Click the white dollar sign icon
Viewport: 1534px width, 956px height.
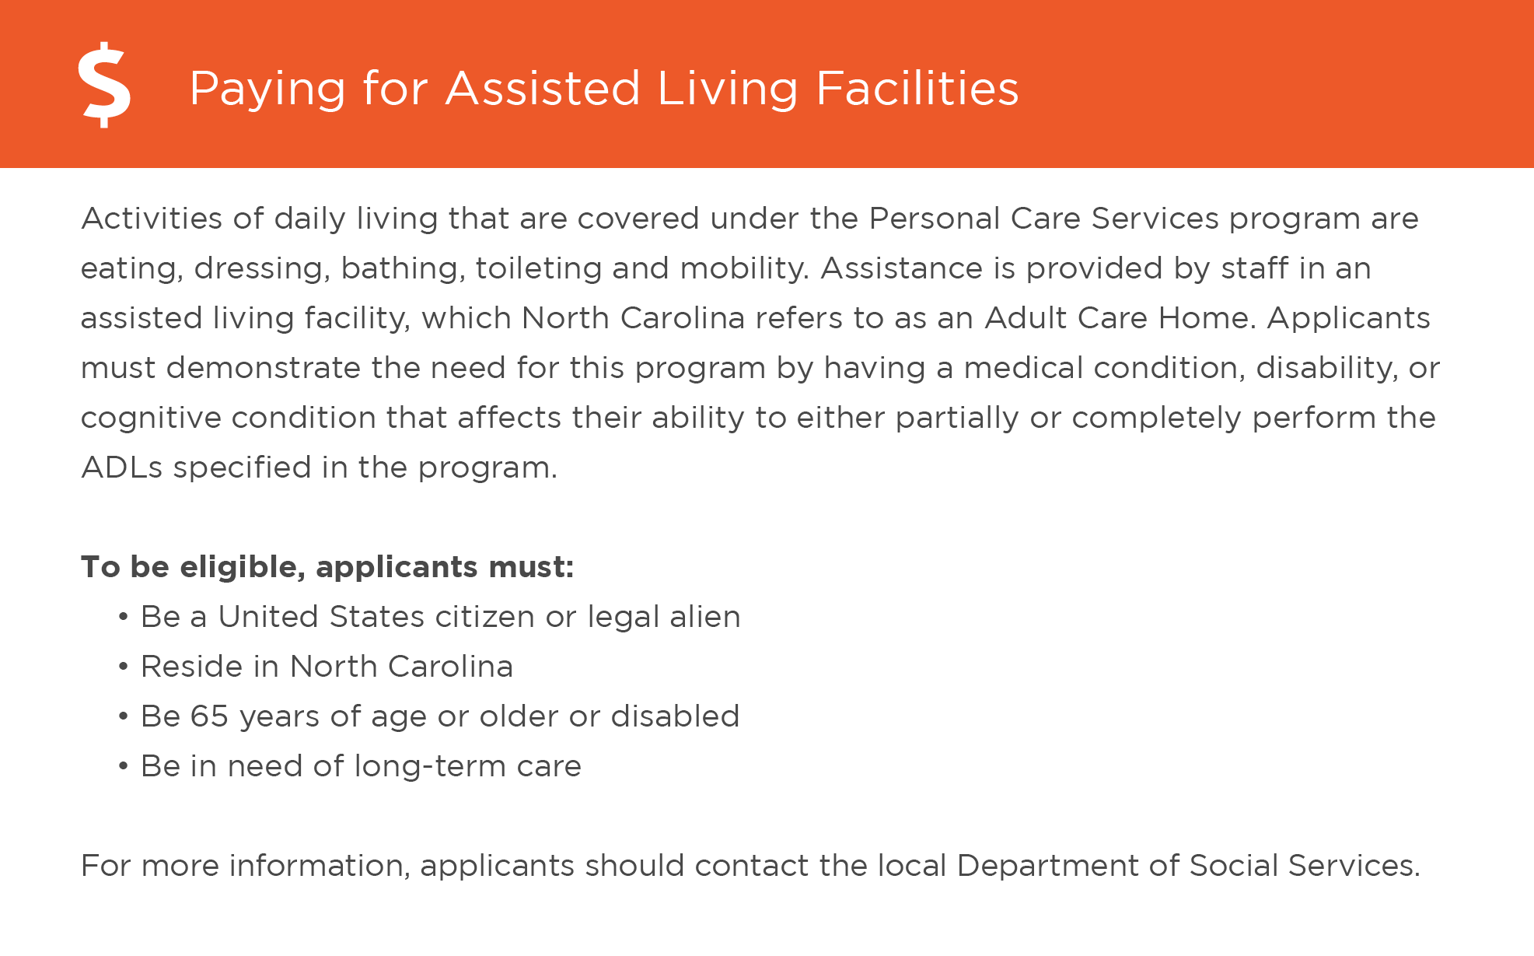[104, 85]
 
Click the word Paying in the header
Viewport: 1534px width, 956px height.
[267, 89]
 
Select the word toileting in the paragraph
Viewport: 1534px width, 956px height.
[538, 268]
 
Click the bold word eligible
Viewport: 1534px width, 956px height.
[242, 567]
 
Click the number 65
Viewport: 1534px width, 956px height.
[209, 716]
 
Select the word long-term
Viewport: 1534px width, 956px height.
[429, 766]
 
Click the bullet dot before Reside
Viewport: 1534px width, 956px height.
[123, 667]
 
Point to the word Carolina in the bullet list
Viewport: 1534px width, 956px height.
[450, 667]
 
